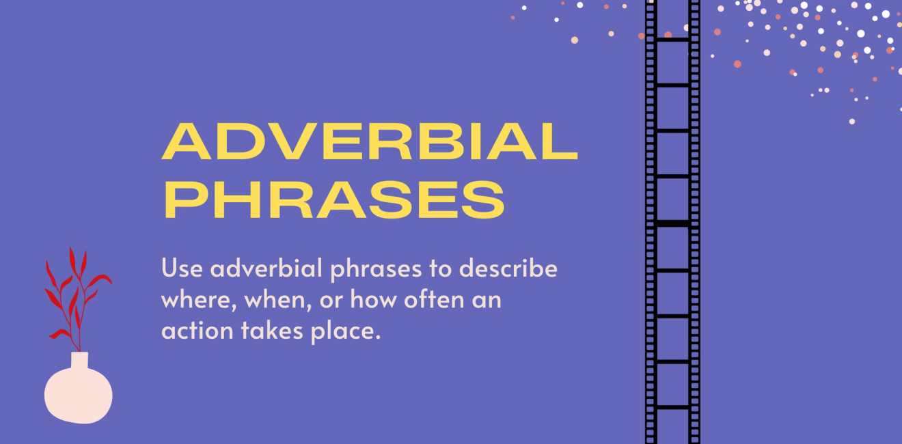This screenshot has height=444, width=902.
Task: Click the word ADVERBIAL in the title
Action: coord(369,141)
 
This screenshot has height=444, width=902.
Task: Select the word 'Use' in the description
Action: coord(182,268)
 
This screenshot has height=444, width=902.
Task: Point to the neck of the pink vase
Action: coord(80,360)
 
